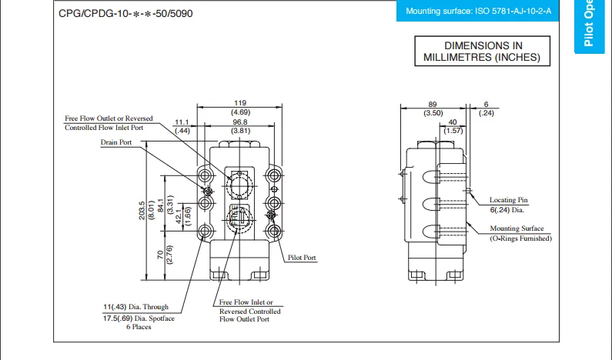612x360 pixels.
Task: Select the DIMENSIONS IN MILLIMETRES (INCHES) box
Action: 482,52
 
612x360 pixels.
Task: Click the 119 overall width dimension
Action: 239,103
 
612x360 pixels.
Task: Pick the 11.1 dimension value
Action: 182,122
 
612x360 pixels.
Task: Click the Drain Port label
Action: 115,142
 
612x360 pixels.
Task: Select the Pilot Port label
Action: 301,258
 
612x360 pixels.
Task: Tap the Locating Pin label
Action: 509,200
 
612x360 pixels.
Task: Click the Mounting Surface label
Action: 517,228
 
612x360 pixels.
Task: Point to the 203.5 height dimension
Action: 142,211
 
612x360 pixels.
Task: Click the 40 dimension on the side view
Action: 453,122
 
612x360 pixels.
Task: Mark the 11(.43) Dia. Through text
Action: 135,307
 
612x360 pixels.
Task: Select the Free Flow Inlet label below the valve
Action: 246,303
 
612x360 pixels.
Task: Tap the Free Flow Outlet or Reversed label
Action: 109,118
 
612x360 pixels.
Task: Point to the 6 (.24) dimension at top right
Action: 486,104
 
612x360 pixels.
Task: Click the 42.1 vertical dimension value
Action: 178,218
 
